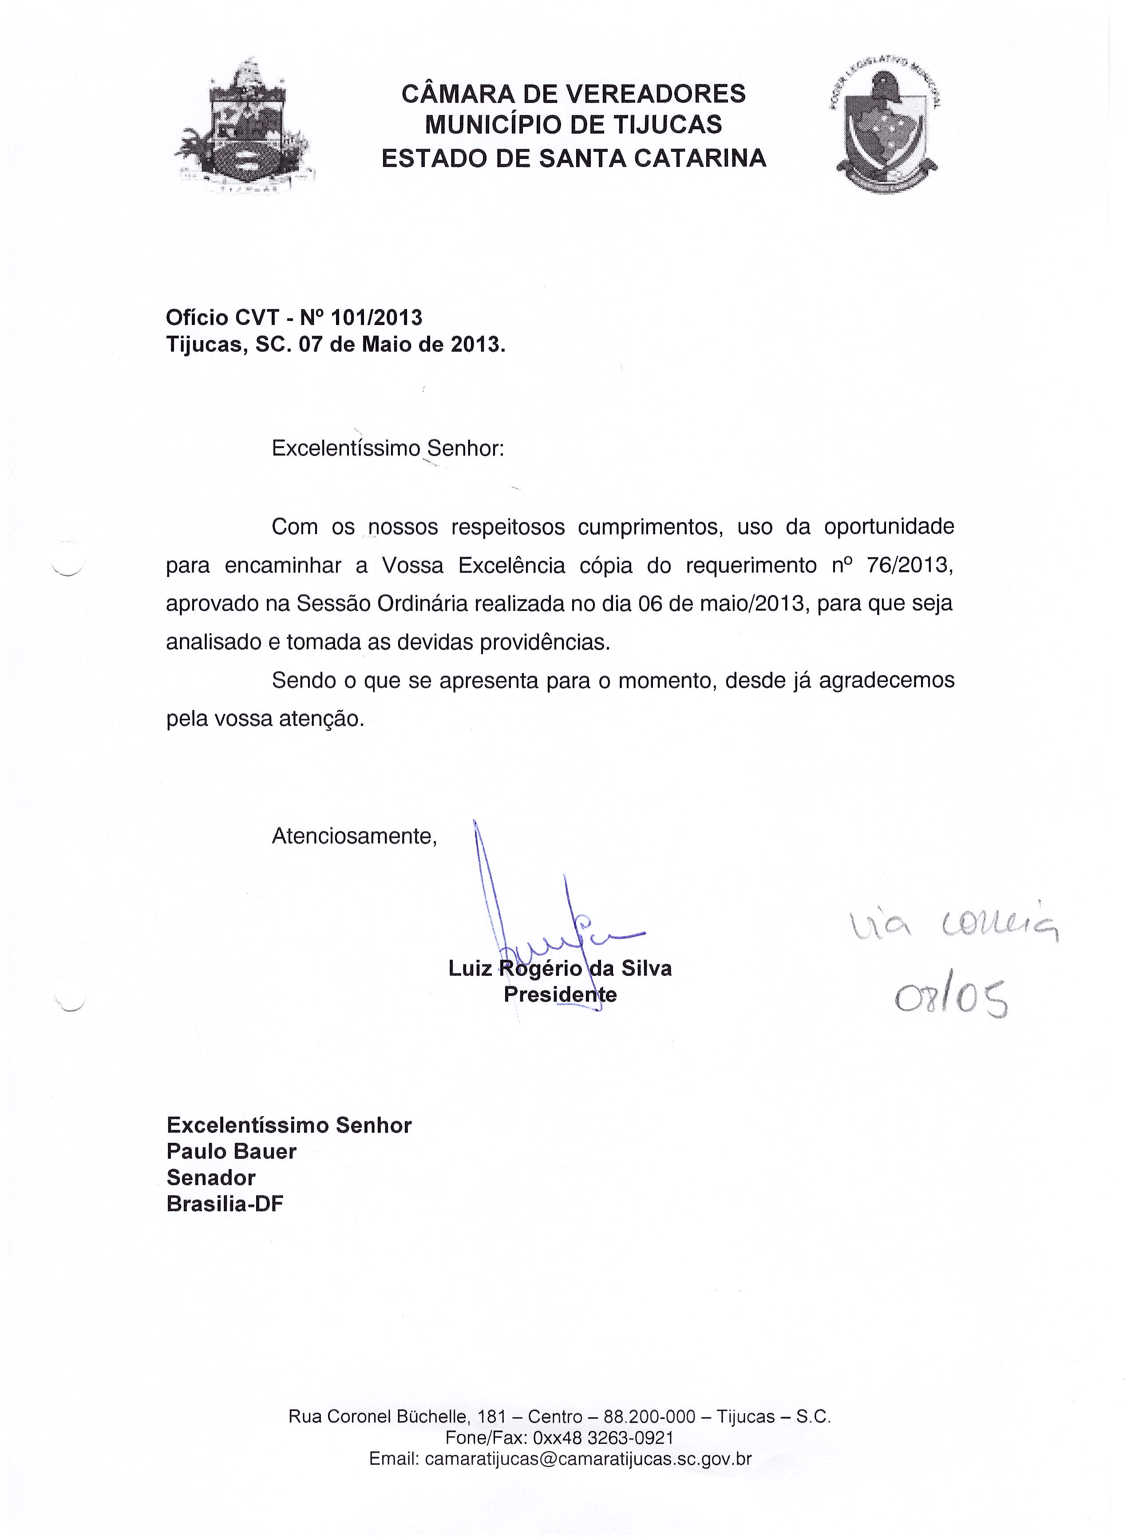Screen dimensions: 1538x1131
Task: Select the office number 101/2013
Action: point(376,317)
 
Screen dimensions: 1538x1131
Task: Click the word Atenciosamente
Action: point(354,836)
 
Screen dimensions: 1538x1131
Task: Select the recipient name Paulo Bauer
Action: point(231,1151)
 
